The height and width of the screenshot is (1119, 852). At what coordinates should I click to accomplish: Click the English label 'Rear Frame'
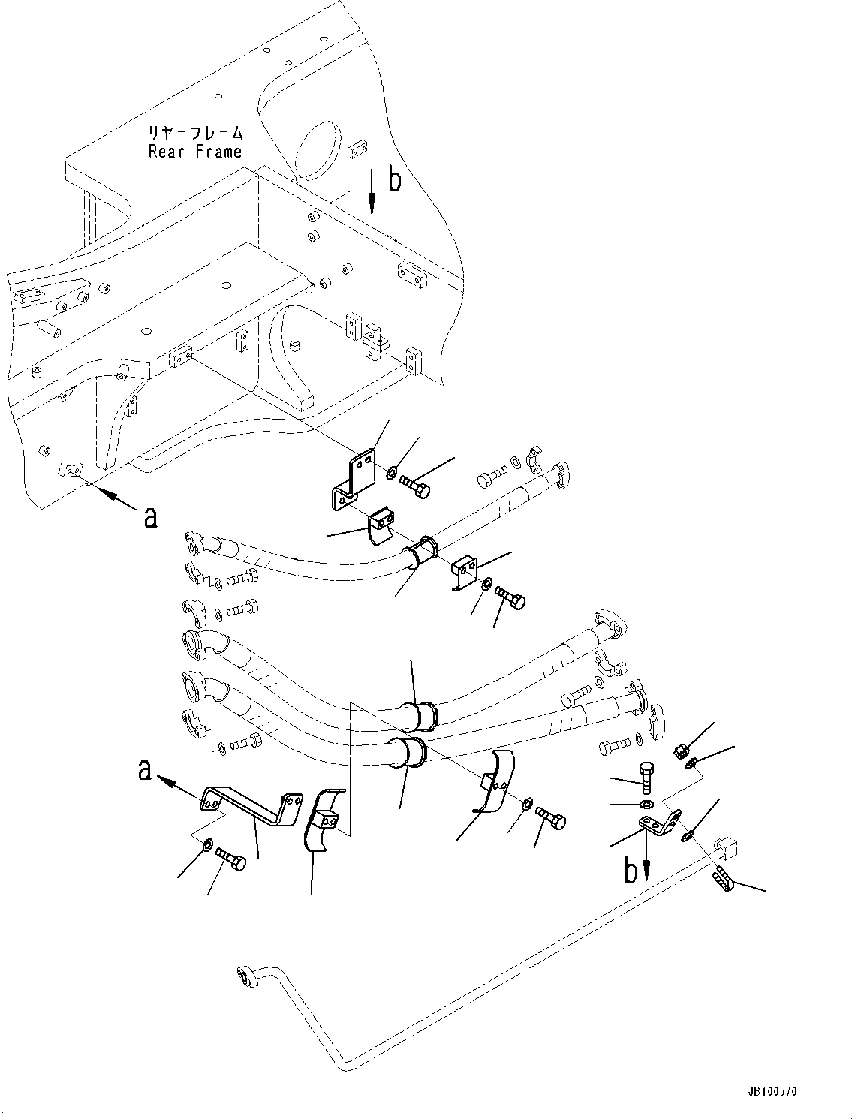(x=195, y=152)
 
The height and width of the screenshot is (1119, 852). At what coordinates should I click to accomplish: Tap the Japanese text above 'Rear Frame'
(x=195, y=134)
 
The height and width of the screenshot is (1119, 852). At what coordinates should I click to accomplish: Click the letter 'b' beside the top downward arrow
(x=394, y=180)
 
